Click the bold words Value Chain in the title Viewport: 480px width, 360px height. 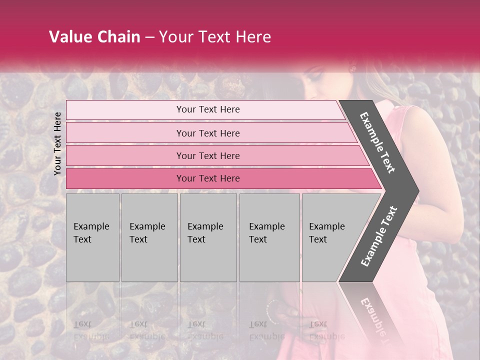(x=94, y=37)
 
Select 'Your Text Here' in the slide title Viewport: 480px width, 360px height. (x=215, y=37)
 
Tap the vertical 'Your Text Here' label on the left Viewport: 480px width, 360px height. (x=57, y=143)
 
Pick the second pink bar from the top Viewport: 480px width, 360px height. (x=207, y=133)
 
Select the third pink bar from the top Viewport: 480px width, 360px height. (x=207, y=155)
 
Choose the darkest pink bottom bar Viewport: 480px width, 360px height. (x=207, y=178)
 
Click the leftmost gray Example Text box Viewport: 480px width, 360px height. (x=92, y=237)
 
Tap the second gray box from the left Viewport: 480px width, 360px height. (x=149, y=237)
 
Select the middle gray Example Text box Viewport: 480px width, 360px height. (x=208, y=237)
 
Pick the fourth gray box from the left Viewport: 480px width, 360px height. (x=269, y=237)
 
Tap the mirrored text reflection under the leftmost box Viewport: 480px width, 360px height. (x=92, y=330)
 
